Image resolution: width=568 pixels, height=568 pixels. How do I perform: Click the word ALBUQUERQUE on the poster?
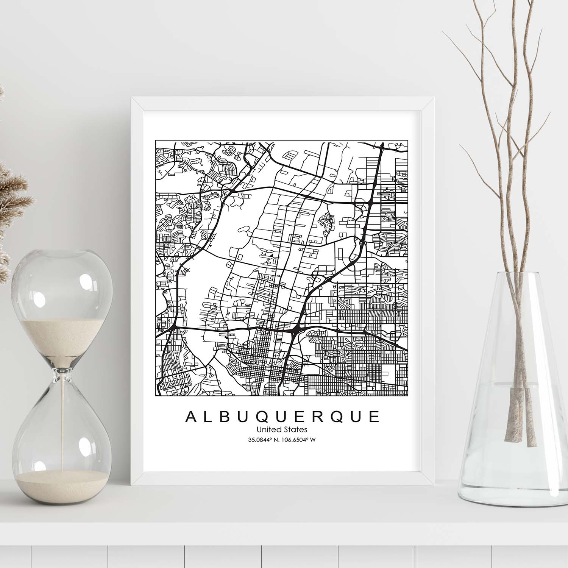point(282,417)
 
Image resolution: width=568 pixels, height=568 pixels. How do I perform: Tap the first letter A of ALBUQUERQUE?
point(190,417)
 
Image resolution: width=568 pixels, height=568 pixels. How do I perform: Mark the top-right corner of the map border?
point(409,140)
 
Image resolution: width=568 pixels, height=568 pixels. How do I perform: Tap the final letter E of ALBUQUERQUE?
point(375,417)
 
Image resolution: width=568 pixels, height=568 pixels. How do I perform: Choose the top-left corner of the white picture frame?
point(131,98)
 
